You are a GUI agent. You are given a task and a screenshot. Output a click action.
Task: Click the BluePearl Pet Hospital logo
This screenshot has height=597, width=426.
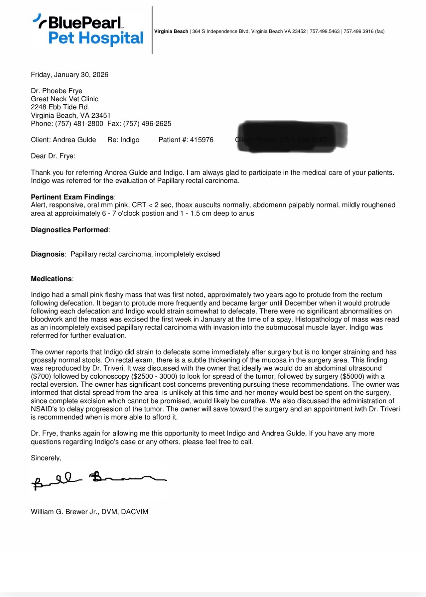[88, 30]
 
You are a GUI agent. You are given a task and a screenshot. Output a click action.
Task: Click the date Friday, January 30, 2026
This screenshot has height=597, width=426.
[70, 75]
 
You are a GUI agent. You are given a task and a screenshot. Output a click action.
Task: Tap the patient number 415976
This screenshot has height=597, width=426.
[202, 140]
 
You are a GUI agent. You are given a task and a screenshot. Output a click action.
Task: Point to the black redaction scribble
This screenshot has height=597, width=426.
[292, 137]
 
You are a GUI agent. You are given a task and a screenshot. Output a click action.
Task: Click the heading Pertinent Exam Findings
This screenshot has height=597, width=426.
[72, 197]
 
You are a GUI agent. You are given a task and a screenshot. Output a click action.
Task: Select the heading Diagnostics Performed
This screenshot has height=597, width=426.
[70, 230]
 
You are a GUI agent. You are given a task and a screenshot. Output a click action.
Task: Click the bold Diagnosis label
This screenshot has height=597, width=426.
[48, 254]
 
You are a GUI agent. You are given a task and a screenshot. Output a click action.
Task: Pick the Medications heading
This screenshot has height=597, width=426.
[52, 279]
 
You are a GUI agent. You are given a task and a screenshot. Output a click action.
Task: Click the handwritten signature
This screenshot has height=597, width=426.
[99, 480]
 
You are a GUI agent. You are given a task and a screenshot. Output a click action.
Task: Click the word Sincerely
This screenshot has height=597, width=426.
[46, 458]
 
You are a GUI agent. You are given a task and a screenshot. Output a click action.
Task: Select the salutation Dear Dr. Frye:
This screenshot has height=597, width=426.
[53, 156]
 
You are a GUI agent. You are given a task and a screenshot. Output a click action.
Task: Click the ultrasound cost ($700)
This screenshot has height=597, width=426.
[41, 376]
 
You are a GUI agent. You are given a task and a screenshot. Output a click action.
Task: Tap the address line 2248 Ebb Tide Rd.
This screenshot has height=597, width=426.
[60, 107]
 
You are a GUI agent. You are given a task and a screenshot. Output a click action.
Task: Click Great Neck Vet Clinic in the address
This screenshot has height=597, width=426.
[65, 99]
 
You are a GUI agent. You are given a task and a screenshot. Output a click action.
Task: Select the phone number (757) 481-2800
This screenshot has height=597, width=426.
[79, 123]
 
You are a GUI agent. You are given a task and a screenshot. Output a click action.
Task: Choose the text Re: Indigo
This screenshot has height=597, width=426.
[123, 140]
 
